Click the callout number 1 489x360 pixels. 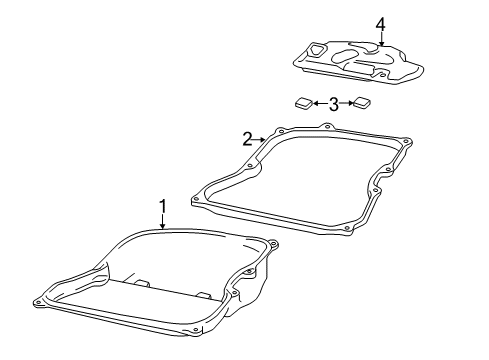(163, 207)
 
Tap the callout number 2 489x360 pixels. (247, 139)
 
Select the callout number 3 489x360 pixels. (334, 104)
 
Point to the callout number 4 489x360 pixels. (381, 25)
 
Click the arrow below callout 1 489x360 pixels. (163, 222)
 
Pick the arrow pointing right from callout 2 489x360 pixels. (259, 140)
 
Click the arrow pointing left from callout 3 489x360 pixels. (320, 104)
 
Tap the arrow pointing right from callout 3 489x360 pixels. (346, 104)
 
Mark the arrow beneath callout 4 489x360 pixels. (381, 39)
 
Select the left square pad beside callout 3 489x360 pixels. (304, 103)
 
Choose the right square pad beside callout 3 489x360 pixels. (361, 103)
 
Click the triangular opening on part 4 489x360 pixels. (315, 50)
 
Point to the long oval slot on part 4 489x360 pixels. (344, 55)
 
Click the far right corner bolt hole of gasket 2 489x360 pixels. (406, 142)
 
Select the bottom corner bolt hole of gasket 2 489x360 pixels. (347, 228)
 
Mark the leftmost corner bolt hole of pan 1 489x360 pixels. (38, 303)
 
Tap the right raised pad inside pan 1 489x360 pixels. (203, 295)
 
